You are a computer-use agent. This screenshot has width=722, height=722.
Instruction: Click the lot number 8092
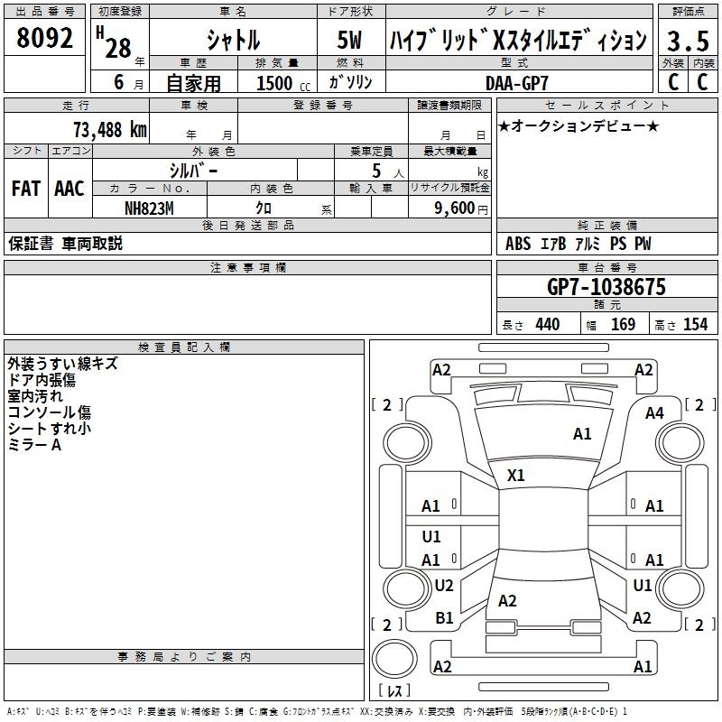[x=45, y=39]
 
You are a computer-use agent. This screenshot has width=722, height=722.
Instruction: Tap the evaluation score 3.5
[x=687, y=42]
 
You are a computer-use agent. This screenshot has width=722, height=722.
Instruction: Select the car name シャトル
[x=234, y=41]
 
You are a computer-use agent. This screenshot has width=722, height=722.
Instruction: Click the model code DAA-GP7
[x=516, y=82]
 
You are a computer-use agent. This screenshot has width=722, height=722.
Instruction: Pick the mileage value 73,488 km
[x=110, y=129]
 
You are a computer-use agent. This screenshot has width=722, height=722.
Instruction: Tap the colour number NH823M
[x=150, y=207]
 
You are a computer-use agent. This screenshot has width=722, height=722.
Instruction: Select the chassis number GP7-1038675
[x=606, y=287]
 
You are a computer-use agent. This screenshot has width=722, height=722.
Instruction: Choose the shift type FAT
[x=26, y=189]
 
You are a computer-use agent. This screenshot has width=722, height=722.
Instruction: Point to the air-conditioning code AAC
[x=69, y=189]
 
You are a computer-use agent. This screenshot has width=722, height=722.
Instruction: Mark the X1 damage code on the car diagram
[x=516, y=475]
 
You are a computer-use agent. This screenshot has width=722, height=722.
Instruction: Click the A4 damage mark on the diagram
[x=654, y=413]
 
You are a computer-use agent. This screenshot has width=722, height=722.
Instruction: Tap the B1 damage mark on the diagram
[x=444, y=618]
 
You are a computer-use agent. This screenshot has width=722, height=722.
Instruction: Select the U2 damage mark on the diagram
[x=444, y=586]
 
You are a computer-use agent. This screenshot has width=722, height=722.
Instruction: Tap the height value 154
[x=695, y=324]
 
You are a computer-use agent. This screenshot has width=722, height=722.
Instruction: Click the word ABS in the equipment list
[x=518, y=244]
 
